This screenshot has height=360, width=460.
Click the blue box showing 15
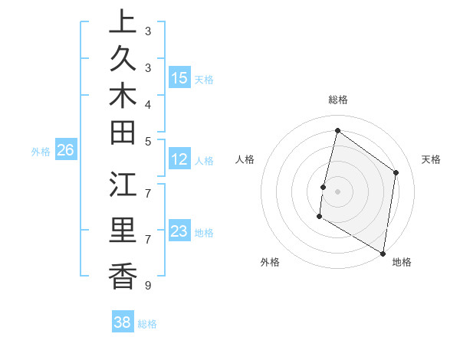(x=179, y=77)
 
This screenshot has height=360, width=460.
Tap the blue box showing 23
(x=179, y=231)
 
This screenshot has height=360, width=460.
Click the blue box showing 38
(x=123, y=322)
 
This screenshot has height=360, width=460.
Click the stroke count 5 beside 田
(x=147, y=141)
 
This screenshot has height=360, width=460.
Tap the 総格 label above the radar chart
(x=337, y=100)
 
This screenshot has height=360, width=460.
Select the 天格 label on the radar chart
(x=431, y=159)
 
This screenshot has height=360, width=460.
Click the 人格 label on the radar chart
(x=245, y=159)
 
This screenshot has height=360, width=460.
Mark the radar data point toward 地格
(x=383, y=253)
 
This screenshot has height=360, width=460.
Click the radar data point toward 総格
(x=337, y=131)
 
